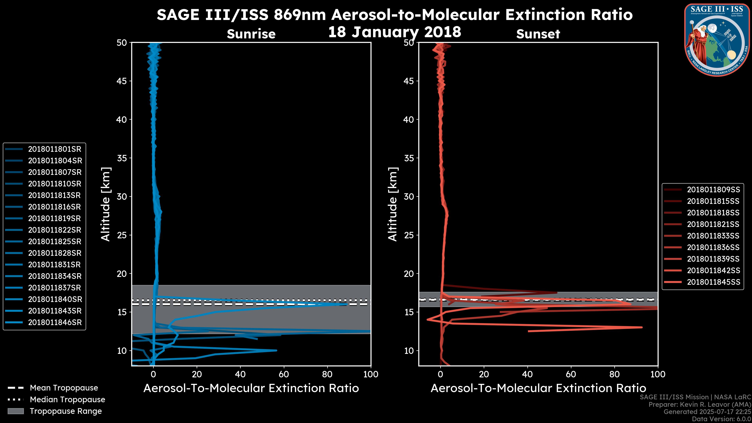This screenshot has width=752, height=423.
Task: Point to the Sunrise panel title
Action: click(x=251, y=34)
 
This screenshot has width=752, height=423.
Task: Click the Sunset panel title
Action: click(x=538, y=34)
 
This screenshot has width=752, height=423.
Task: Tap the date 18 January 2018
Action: click(x=395, y=32)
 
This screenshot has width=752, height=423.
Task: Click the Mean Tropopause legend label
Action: click(x=64, y=388)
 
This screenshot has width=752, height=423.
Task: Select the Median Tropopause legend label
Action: click(x=67, y=400)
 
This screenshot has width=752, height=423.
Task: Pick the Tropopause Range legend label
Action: click(x=66, y=411)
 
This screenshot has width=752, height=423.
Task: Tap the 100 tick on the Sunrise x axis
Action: click(x=371, y=374)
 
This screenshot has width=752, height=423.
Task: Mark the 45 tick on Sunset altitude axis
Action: click(x=409, y=81)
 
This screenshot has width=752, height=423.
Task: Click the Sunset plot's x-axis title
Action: click(x=538, y=388)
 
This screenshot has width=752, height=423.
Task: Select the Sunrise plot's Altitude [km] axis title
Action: click(x=106, y=204)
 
